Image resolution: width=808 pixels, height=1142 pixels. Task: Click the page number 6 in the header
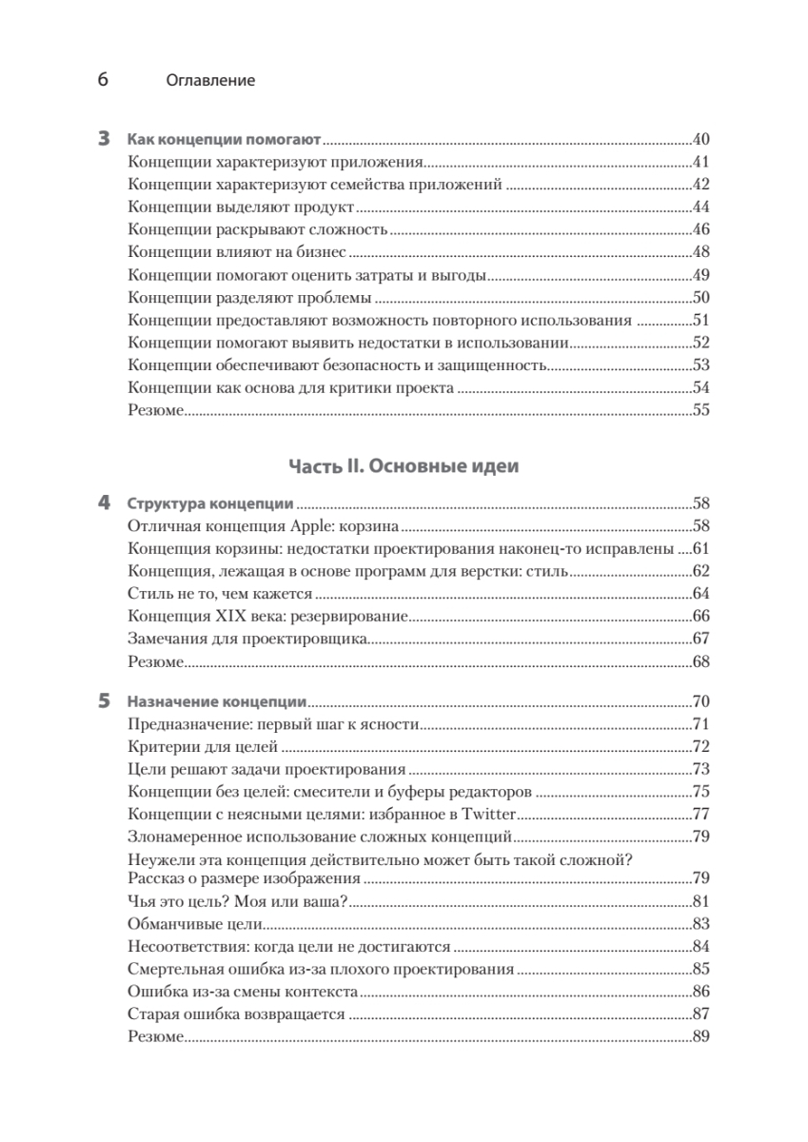pyautogui.click(x=103, y=80)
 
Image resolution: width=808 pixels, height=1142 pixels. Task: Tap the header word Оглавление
pyautogui.click(x=210, y=81)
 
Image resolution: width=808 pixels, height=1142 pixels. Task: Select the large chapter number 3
pyautogui.click(x=105, y=138)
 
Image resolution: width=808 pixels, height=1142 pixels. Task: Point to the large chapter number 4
pyautogui.click(x=105, y=503)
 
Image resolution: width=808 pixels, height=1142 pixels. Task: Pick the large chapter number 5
pyautogui.click(x=105, y=702)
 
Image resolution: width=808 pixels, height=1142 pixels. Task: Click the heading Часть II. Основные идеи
pyautogui.click(x=404, y=466)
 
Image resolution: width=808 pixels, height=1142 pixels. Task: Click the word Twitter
pyautogui.click(x=488, y=814)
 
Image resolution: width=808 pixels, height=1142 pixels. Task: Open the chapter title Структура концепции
pyautogui.click(x=210, y=503)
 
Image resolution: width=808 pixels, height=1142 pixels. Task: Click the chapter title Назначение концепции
pyautogui.click(x=217, y=702)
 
